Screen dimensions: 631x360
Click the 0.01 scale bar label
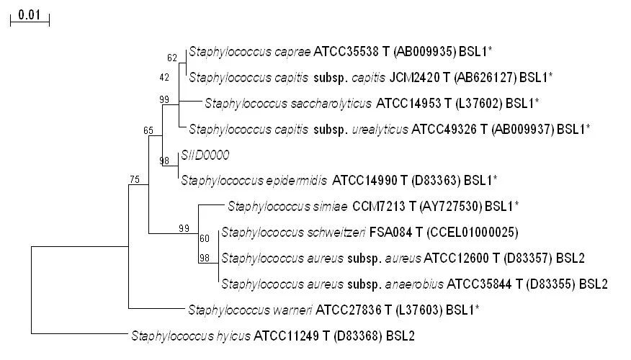(30, 15)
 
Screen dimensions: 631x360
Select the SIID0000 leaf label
(205, 155)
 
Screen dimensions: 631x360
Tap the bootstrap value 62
(172, 58)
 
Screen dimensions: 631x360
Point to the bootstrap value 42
(164, 77)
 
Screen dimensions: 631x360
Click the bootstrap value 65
(148, 130)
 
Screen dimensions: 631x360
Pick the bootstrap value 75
(135, 179)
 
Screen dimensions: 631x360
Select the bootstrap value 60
(205, 238)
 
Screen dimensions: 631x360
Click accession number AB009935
(425, 52)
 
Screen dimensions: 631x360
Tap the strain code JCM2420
(414, 77)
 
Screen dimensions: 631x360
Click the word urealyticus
(380, 130)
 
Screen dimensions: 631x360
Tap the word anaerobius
(414, 284)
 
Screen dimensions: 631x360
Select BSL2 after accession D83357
(570, 258)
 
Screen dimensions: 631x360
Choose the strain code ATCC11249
(287, 336)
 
